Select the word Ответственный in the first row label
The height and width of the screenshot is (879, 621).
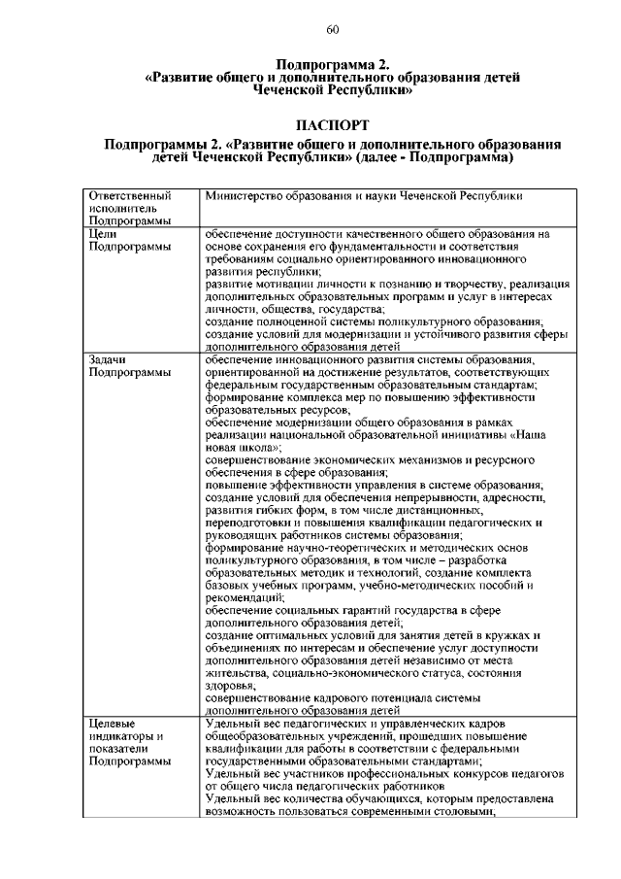123,196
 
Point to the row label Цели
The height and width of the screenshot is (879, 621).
103,234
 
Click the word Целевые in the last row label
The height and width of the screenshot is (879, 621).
111,724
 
